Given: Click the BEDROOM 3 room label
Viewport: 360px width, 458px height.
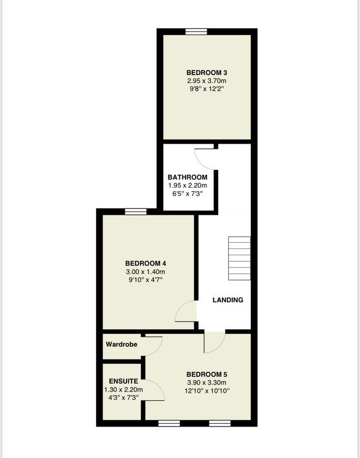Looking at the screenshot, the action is click(x=207, y=73).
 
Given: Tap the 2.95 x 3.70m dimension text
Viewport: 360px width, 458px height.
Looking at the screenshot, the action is click(x=207, y=81).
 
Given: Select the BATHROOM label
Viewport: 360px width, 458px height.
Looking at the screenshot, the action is click(x=188, y=177).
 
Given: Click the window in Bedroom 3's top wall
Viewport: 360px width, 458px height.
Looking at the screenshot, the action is click(x=196, y=31).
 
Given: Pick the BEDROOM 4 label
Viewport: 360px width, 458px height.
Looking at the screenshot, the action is click(x=145, y=263).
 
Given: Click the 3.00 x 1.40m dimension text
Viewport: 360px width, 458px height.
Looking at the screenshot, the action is click(x=145, y=271).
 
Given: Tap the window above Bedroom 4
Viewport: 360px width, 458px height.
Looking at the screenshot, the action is click(x=136, y=212).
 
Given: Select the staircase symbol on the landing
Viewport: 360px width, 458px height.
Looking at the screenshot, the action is click(x=239, y=259).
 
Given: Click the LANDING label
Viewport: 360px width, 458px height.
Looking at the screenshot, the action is click(x=228, y=300).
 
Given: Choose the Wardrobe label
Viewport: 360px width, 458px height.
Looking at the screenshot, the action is click(x=121, y=345).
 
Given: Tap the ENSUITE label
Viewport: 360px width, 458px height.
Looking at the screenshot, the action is click(x=123, y=381).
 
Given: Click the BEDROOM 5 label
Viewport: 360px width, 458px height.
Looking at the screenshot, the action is click(x=207, y=374).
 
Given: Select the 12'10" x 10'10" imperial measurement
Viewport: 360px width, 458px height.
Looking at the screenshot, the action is click(x=207, y=391).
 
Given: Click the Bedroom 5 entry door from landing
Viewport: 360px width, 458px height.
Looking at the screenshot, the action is click(x=215, y=342).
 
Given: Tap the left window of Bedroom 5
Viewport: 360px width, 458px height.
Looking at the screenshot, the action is click(x=169, y=424).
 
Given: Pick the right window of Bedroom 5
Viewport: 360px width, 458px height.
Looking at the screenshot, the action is click(x=220, y=424).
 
